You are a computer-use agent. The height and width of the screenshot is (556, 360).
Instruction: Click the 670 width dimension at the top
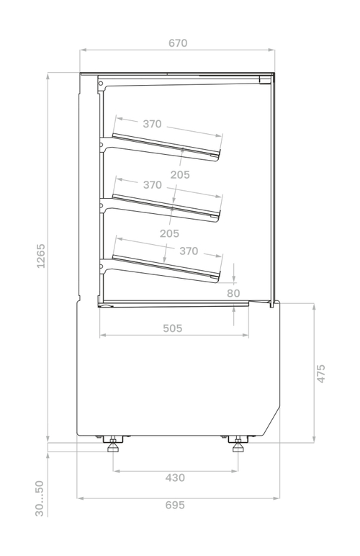click(x=178, y=43)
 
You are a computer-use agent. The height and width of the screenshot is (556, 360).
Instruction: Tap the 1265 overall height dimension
click(x=41, y=256)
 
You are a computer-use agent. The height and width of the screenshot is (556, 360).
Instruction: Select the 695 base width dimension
click(x=175, y=505)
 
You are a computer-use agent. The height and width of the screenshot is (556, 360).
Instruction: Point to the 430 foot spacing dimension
click(x=175, y=478)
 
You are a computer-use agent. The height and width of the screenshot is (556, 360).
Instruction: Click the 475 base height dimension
click(x=320, y=373)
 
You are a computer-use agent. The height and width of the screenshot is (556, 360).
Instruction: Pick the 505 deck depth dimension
click(x=173, y=328)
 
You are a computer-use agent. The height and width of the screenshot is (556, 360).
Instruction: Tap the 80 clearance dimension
click(x=233, y=293)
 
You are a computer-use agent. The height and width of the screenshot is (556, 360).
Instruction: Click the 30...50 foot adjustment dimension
click(x=40, y=498)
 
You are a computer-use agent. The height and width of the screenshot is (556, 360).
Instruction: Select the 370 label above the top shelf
click(x=152, y=124)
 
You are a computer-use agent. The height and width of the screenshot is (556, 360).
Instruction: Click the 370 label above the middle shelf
click(x=153, y=185)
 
